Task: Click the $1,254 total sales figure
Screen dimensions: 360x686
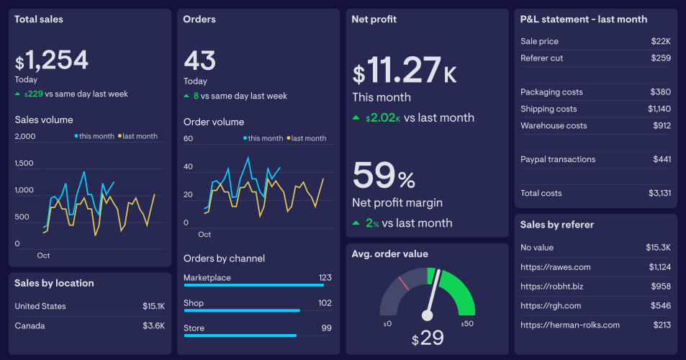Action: click(52, 60)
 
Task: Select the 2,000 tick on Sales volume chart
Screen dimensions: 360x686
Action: click(24, 136)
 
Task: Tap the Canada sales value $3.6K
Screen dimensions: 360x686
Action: click(153, 325)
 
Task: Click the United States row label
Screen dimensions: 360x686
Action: click(40, 306)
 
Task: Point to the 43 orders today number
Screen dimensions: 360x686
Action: click(199, 60)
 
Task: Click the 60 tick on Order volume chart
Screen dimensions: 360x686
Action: click(189, 138)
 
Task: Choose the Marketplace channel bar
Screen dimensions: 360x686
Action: click(253, 285)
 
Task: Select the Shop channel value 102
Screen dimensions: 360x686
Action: click(325, 303)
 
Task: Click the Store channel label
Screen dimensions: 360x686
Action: click(194, 328)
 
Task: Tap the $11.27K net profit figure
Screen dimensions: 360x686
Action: click(404, 71)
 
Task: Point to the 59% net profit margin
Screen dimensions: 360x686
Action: click(384, 176)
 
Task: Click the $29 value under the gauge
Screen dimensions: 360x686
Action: click(428, 338)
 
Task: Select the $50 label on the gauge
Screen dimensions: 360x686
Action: click(469, 324)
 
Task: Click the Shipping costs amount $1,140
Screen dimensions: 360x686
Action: click(659, 109)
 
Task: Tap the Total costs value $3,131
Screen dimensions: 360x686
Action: click(659, 193)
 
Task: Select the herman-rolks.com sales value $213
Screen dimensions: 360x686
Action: click(662, 325)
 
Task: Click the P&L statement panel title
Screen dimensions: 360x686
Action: click(584, 19)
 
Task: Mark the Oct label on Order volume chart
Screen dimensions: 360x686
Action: click(204, 235)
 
